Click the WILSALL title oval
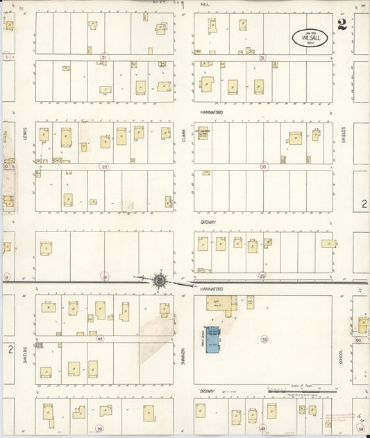311,37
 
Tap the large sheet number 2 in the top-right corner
342,26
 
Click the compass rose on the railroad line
160,280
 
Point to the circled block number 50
264,340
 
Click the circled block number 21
104,58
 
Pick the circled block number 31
262,58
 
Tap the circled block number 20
104,166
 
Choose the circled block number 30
264,166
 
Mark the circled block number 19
104,276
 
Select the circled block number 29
262,276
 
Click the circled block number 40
100,339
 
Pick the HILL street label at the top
205,4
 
